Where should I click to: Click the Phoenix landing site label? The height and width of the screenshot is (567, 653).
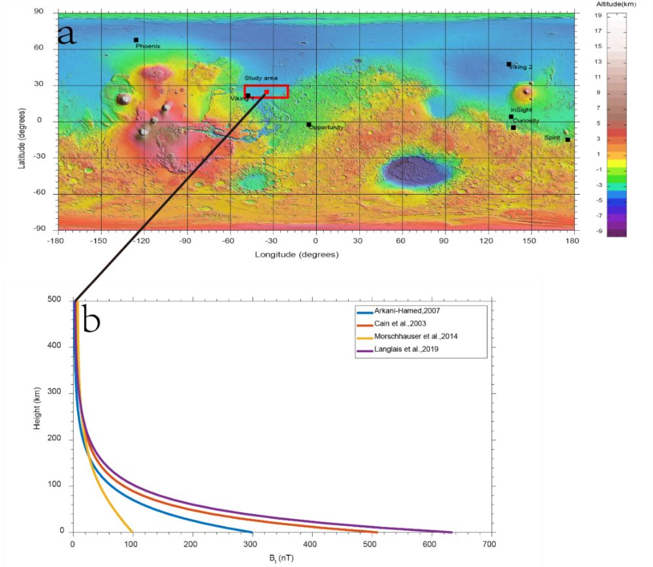(148, 46)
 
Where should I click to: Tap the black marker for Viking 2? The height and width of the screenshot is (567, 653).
(509, 64)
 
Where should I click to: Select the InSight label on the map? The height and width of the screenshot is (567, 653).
(521, 110)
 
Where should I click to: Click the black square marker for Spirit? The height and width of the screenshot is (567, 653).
(567, 140)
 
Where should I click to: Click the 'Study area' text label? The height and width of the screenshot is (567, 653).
(261, 78)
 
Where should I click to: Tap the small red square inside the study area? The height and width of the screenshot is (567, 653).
(266, 92)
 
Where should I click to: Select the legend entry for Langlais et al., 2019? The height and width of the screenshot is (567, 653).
(409, 350)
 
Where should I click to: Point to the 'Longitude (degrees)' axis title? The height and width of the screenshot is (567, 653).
(297, 254)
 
